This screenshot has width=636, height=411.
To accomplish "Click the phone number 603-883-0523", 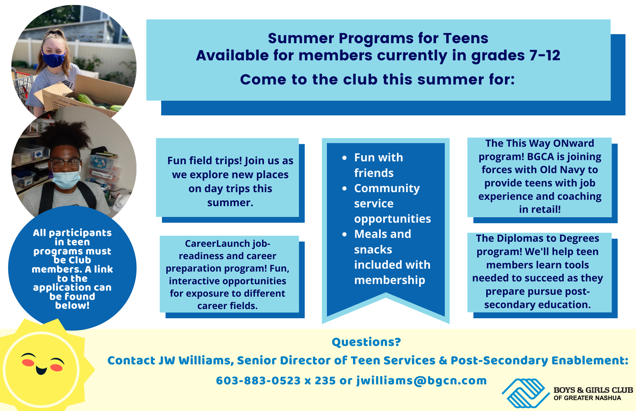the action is click(x=258, y=381).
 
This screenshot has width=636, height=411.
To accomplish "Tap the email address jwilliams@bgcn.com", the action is click(x=421, y=381).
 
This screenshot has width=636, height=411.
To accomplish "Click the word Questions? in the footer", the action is click(x=366, y=342).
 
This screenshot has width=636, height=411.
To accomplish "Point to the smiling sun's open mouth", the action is click(x=41, y=370).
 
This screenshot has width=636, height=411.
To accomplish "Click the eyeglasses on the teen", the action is click(x=65, y=163).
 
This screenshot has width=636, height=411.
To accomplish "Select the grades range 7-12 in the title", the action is click(x=544, y=56).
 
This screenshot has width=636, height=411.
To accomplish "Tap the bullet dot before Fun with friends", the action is click(x=344, y=158).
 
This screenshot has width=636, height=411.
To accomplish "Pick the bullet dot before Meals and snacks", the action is click(x=344, y=234).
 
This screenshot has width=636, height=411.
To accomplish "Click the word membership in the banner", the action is click(x=390, y=280).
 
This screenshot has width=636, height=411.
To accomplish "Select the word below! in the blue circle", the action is click(x=72, y=306).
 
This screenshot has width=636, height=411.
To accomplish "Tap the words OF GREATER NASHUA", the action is click(x=587, y=398).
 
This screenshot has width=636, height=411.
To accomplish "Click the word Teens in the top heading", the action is click(x=466, y=38).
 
